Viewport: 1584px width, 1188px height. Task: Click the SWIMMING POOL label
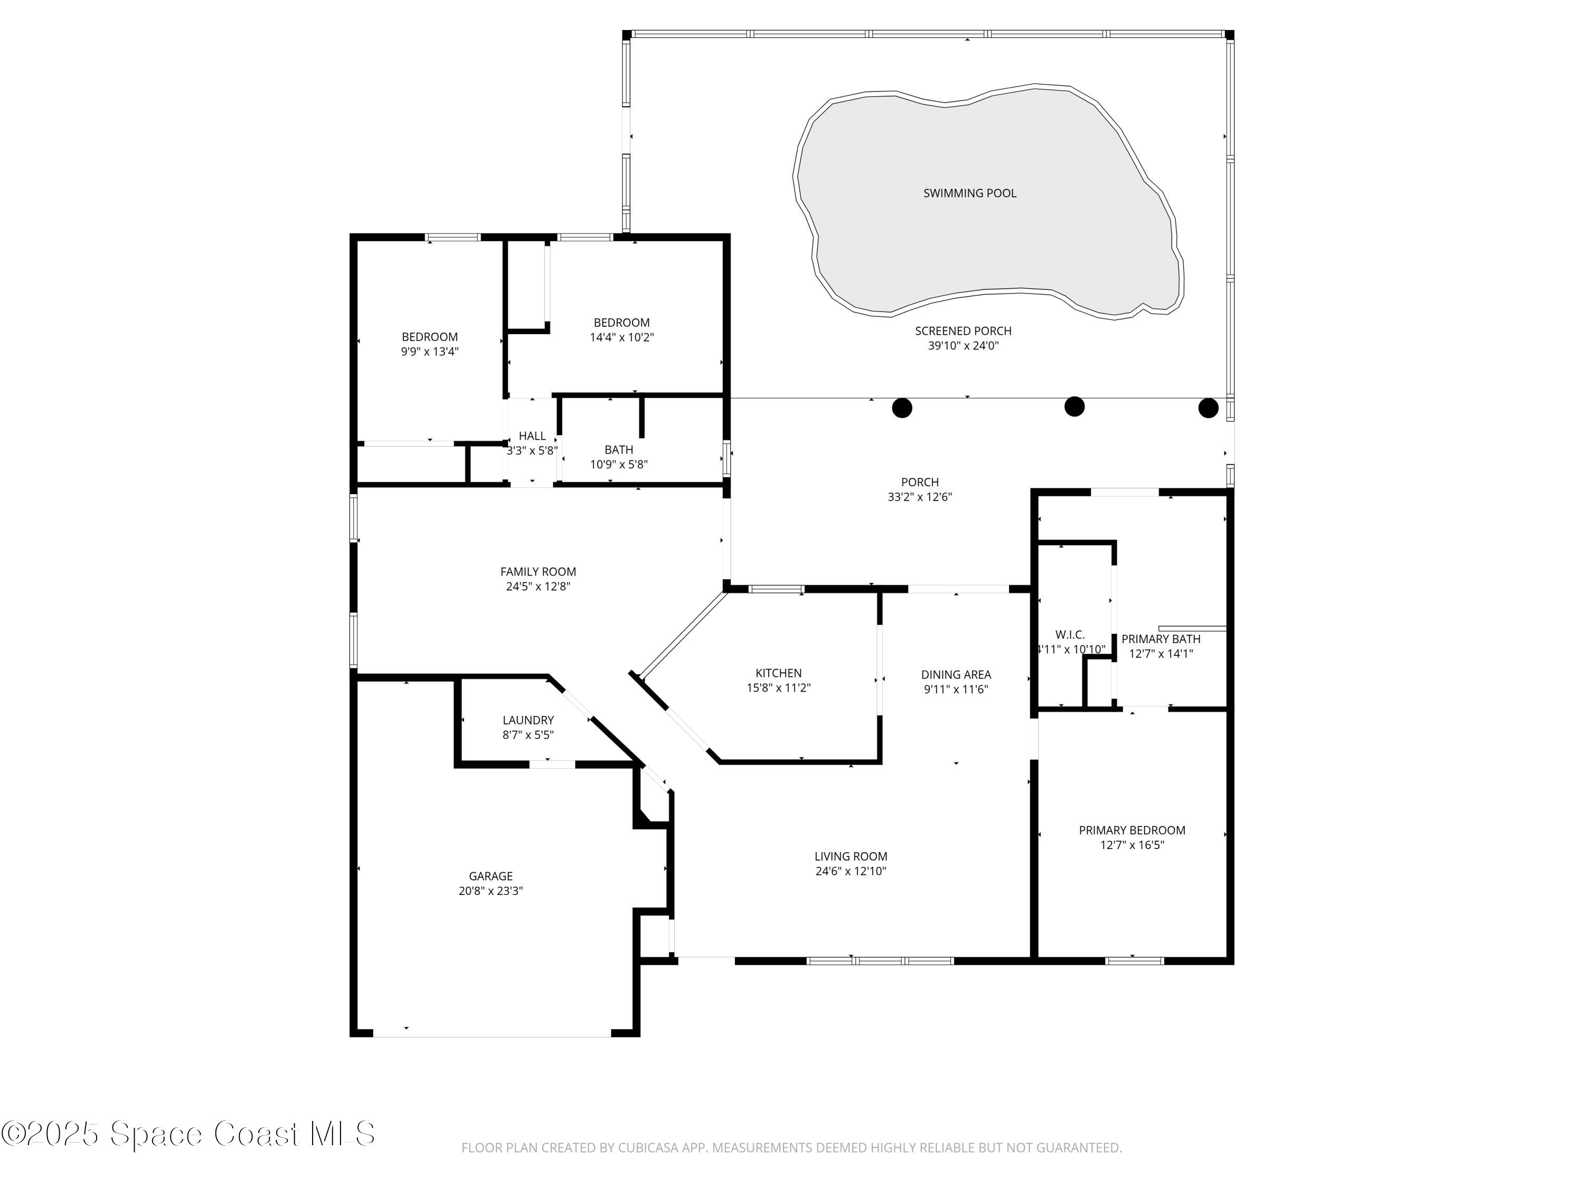click(x=969, y=193)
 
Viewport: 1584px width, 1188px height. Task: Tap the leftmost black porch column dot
click(x=902, y=408)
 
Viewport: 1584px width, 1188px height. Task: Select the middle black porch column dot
click(x=1074, y=407)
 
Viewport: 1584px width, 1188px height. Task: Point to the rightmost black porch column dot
click(x=1208, y=408)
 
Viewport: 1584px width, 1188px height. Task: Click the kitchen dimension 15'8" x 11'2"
click(x=778, y=688)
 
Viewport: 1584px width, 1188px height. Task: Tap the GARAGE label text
click(x=491, y=876)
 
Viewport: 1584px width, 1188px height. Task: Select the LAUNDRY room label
click(x=528, y=720)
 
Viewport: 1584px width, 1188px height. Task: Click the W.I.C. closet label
click(x=1070, y=635)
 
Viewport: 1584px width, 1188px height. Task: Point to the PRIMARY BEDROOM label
click(x=1132, y=831)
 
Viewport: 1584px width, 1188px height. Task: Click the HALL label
click(x=532, y=436)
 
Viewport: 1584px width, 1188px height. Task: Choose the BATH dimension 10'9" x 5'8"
click(x=619, y=465)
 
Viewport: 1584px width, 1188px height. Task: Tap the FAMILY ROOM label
click(x=538, y=572)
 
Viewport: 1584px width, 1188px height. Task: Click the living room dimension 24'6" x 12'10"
click(x=851, y=872)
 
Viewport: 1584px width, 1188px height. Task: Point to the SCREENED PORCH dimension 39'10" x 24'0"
click(x=963, y=346)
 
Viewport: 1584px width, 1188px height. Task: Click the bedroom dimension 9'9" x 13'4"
click(x=430, y=352)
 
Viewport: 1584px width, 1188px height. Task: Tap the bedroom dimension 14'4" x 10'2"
click(x=621, y=337)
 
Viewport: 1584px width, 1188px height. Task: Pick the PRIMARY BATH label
click(x=1160, y=639)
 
